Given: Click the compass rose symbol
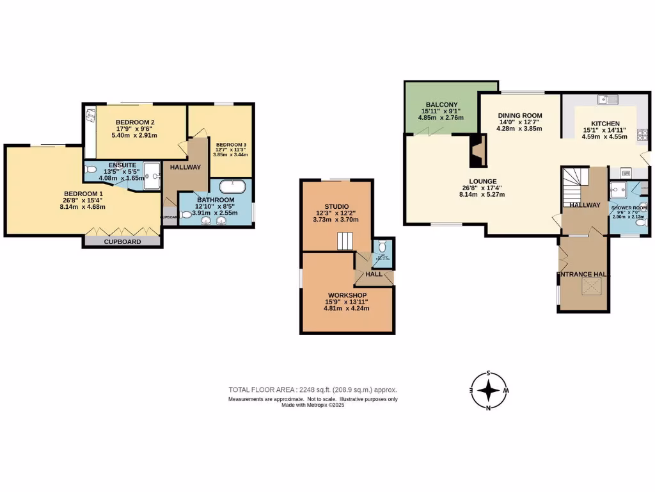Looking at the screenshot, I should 489,390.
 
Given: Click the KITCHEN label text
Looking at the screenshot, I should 605,124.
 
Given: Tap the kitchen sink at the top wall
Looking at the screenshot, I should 606,99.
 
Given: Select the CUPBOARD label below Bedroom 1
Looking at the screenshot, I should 122,242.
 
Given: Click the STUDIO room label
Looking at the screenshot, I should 336,206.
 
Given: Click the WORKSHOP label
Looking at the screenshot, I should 347,295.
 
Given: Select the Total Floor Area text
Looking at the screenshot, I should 313,389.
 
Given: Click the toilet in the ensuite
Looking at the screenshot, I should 90,170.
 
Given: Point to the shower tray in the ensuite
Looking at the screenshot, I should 152,176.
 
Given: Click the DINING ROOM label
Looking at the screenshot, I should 519,115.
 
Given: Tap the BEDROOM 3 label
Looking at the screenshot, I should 230,144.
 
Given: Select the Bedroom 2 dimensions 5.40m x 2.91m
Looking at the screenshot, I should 134,136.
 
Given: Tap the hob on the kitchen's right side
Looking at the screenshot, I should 642,135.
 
